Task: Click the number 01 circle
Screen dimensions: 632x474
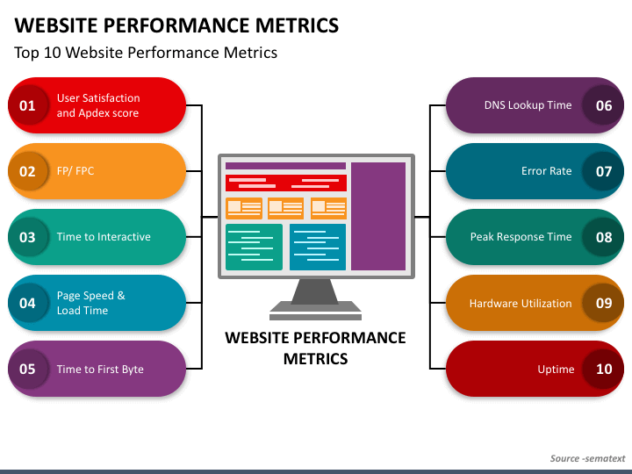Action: click(27, 105)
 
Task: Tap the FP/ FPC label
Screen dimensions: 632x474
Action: click(75, 171)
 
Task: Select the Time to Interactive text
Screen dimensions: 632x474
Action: click(104, 237)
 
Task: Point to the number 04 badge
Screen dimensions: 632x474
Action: click(27, 303)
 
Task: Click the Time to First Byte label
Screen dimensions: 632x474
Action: click(100, 370)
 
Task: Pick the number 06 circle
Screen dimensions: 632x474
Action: click(604, 105)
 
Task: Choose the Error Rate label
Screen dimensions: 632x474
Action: click(546, 171)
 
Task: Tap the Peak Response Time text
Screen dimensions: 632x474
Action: click(521, 237)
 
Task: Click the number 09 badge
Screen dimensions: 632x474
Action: click(604, 303)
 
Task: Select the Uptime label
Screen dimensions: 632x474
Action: click(556, 370)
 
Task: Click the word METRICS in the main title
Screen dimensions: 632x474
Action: click(297, 25)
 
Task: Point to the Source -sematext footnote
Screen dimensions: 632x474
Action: click(587, 458)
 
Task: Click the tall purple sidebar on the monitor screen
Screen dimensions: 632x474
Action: click(378, 217)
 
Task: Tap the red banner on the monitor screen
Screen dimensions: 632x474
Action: click(286, 183)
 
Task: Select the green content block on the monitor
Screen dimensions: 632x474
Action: click(254, 247)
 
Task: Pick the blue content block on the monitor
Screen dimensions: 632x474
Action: click(318, 247)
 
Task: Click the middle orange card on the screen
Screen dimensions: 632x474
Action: click(286, 208)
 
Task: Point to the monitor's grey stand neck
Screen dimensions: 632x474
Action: click(315, 291)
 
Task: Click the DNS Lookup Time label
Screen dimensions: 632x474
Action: click(528, 105)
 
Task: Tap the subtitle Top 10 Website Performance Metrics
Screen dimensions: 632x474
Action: click(146, 53)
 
